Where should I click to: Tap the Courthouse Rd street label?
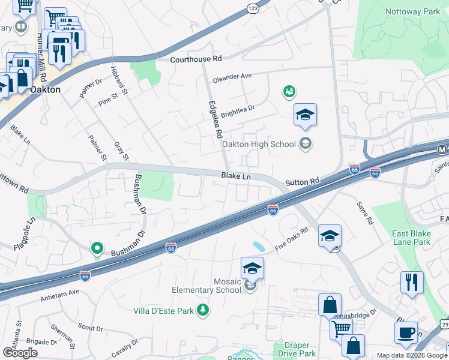point(196,59)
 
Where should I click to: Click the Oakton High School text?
point(259,144)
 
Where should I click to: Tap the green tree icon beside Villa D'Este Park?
point(203,310)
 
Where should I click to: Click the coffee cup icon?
point(406,332)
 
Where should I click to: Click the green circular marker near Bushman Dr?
point(97,248)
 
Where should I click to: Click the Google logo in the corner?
point(20,352)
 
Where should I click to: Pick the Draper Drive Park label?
point(295,349)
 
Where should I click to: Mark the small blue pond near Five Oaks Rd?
point(259,247)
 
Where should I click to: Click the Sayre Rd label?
point(367,213)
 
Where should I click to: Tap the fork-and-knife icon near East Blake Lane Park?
point(412,282)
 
